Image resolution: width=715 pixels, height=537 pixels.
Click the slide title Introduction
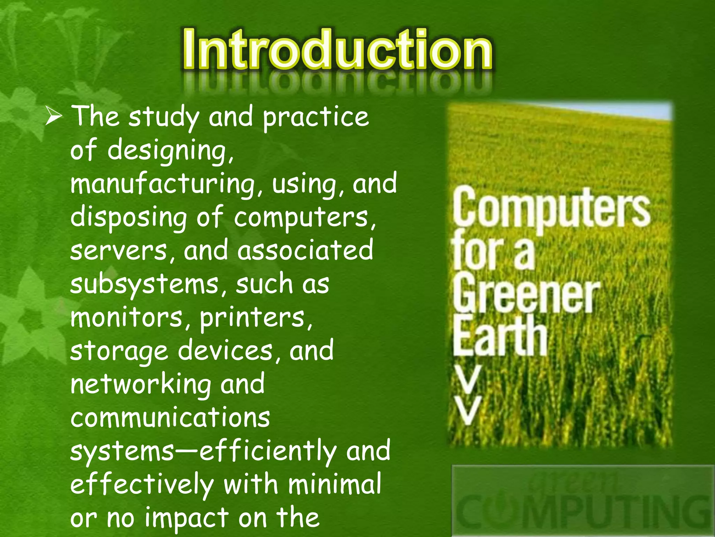click(x=337, y=49)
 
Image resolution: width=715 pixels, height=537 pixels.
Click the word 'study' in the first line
click(x=164, y=118)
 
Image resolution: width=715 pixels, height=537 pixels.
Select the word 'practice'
click(x=316, y=118)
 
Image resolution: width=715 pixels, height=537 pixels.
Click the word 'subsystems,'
click(x=149, y=284)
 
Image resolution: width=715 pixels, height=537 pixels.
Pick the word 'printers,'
click(x=256, y=318)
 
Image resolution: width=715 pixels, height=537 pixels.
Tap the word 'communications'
click(x=170, y=418)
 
